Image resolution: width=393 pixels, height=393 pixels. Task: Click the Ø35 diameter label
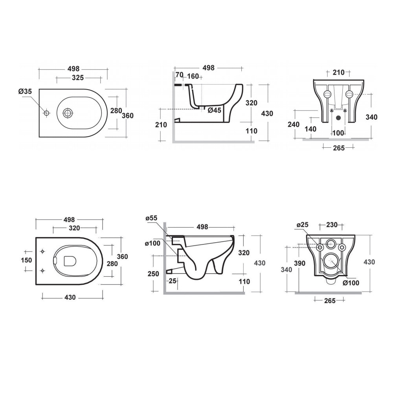25,92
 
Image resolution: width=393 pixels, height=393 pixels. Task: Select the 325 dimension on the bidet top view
78,78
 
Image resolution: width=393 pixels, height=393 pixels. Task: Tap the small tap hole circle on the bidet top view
46,113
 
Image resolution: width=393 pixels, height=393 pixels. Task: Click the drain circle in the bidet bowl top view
67,113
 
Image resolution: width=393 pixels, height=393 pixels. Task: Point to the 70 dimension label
180,75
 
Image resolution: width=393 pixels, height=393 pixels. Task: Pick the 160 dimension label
193,76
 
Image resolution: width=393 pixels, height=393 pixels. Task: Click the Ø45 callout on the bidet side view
214,110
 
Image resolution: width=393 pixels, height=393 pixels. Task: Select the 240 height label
294,124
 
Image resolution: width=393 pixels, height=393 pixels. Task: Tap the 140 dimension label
310,129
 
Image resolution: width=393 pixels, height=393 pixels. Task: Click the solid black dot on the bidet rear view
339,117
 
